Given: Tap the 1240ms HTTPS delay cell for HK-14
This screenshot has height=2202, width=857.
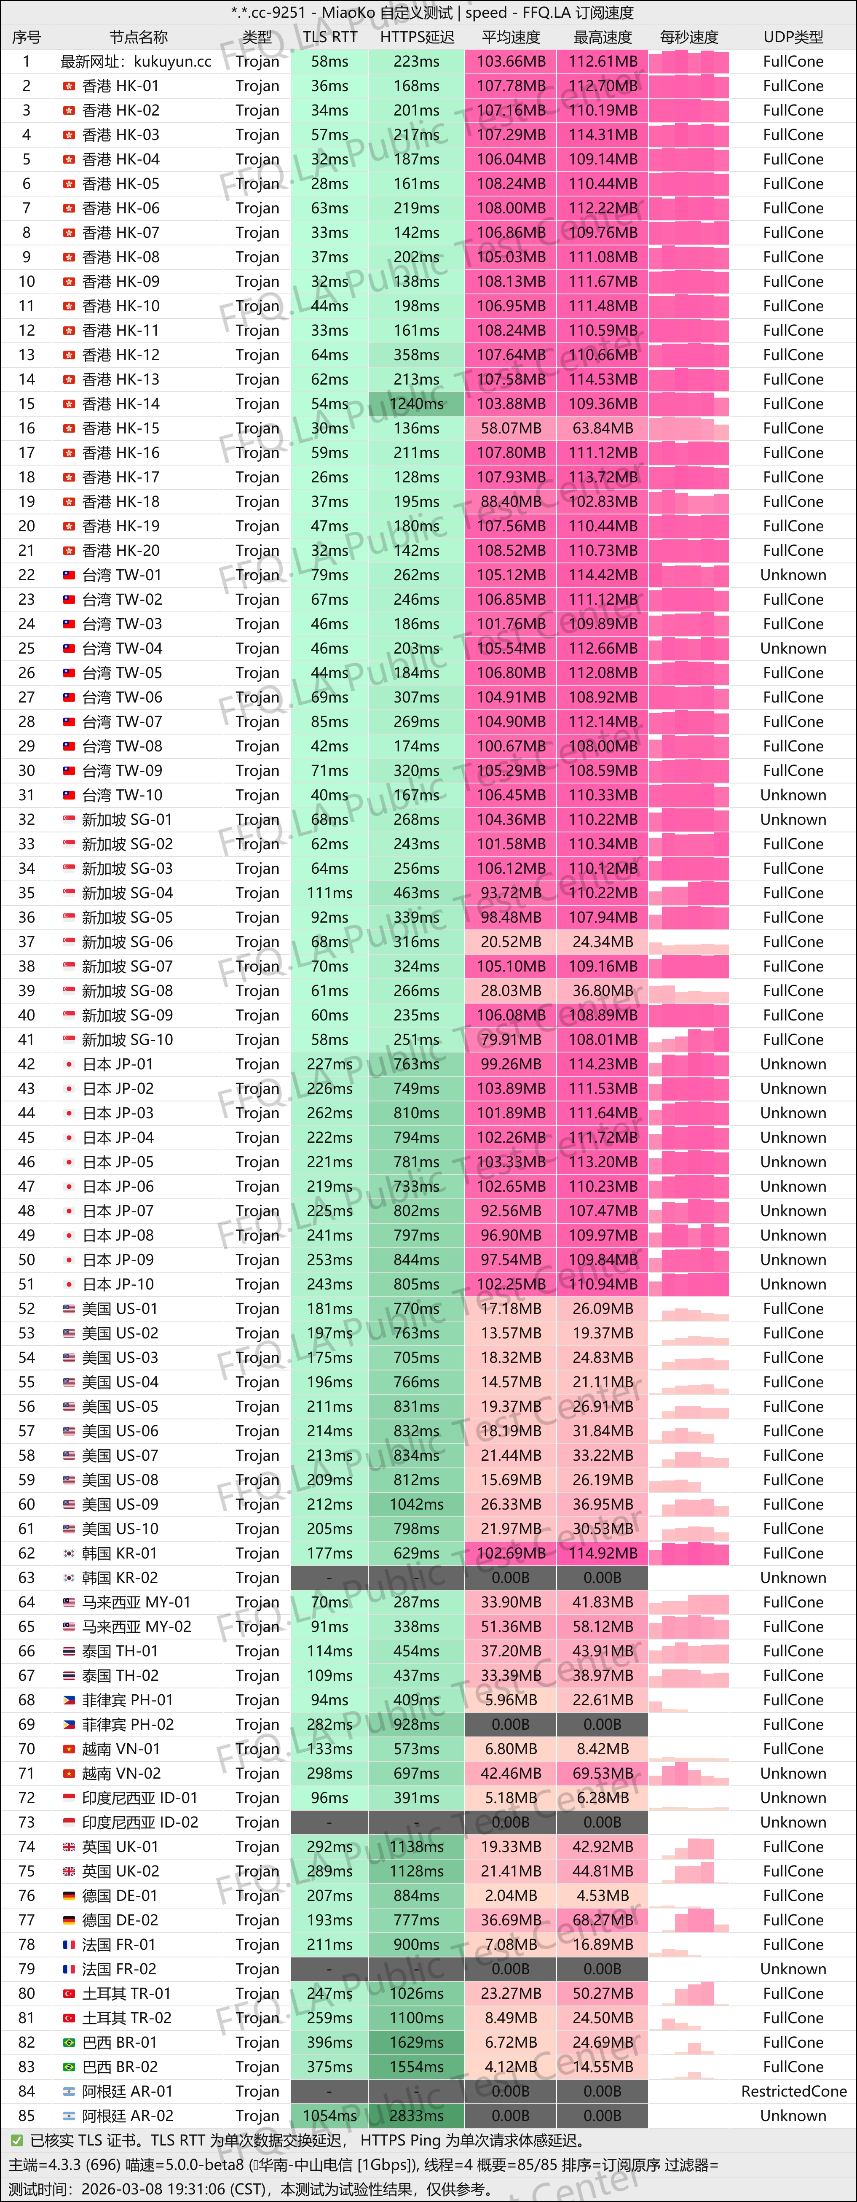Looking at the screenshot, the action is pyautogui.click(x=416, y=404).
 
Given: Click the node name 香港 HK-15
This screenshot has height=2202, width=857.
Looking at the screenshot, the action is pyautogui.click(x=121, y=428).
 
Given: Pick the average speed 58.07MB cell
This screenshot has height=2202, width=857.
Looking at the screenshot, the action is pyautogui.click(x=511, y=428).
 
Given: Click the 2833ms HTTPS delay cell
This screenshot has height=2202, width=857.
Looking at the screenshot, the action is pyautogui.click(x=416, y=2116).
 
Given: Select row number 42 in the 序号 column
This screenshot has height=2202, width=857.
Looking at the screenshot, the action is pyautogui.click(x=27, y=1064).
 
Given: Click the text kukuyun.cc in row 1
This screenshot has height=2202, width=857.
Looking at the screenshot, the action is pyautogui.click(x=173, y=62).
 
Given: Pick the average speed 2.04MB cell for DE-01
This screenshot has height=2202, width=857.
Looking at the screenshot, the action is pyautogui.click(x=511, y=1895).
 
